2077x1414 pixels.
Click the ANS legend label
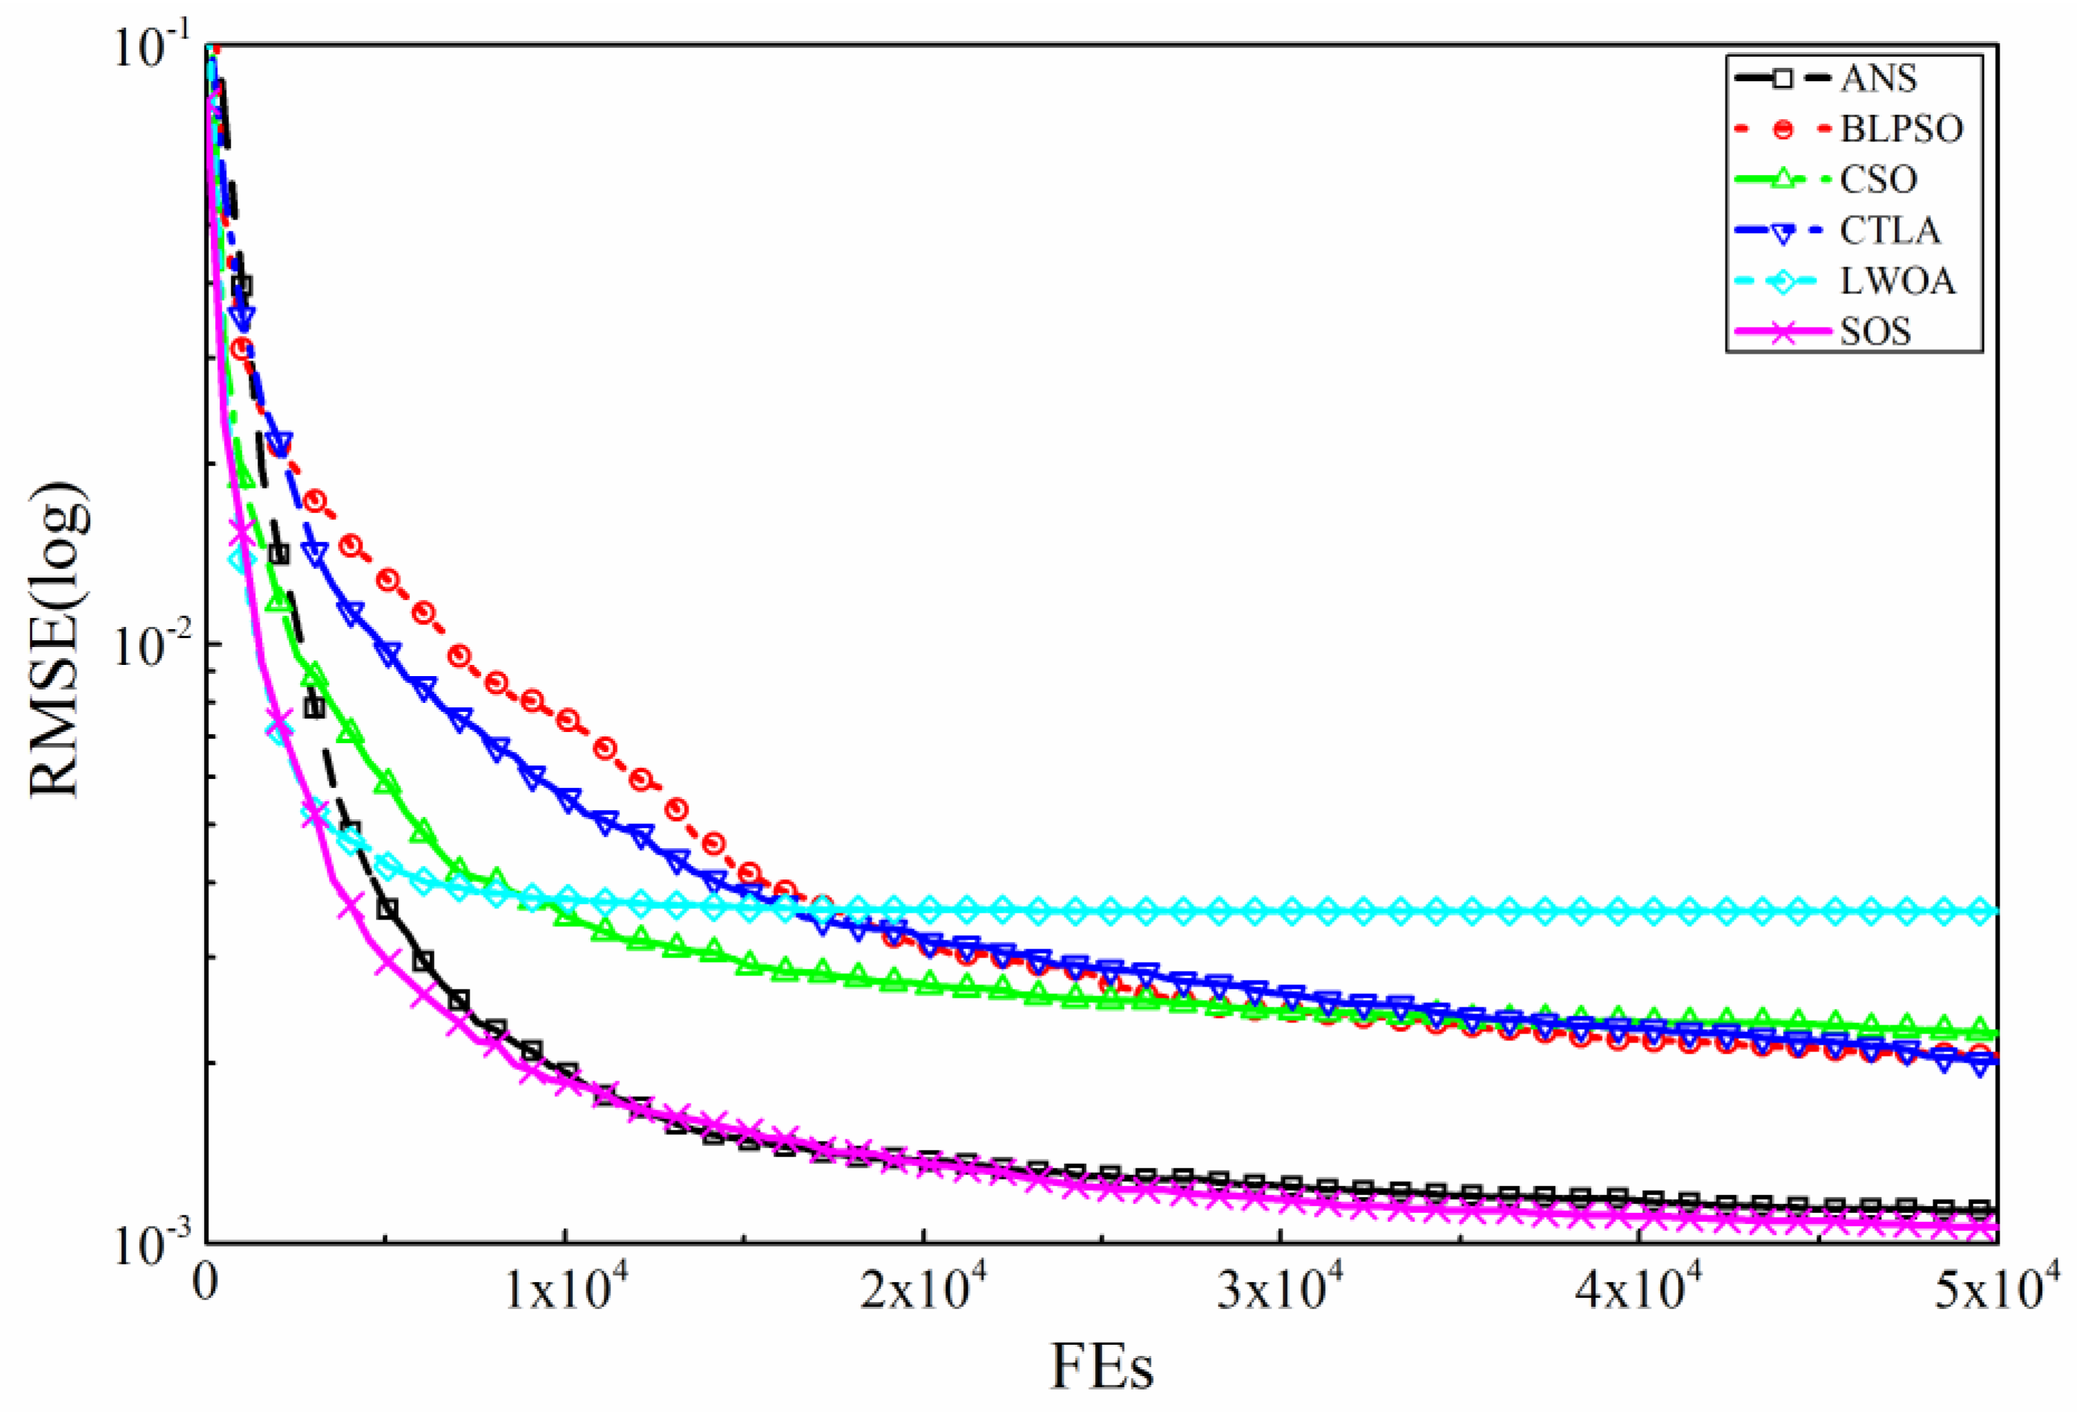1877,79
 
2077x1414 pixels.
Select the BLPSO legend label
1901,130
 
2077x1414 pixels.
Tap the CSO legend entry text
1877,179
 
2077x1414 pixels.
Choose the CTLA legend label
1889,231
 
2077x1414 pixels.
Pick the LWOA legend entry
1896,281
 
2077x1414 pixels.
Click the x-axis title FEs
1101,1366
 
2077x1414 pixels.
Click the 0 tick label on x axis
206,1293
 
